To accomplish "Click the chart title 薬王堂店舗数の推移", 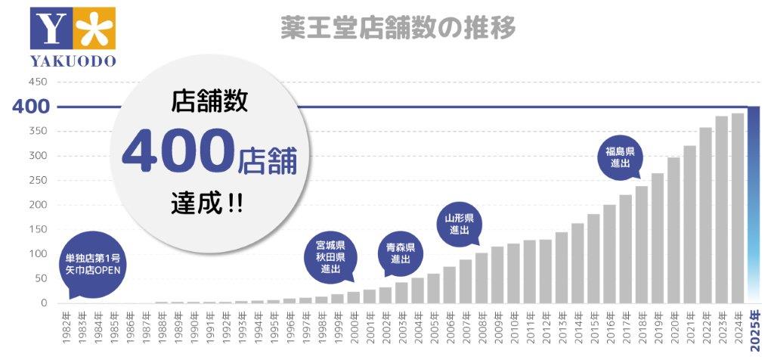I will point(398,27).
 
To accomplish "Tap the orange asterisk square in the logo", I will point(95,29).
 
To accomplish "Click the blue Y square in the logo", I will point(52,29).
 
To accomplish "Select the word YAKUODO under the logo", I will point(73,61).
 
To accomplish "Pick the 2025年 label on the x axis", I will point(754,332).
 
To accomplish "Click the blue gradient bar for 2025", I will point(754,204).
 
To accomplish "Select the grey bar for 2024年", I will point(738,208).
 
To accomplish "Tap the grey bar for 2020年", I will point(673,230).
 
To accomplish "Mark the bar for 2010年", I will point(513,273).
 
